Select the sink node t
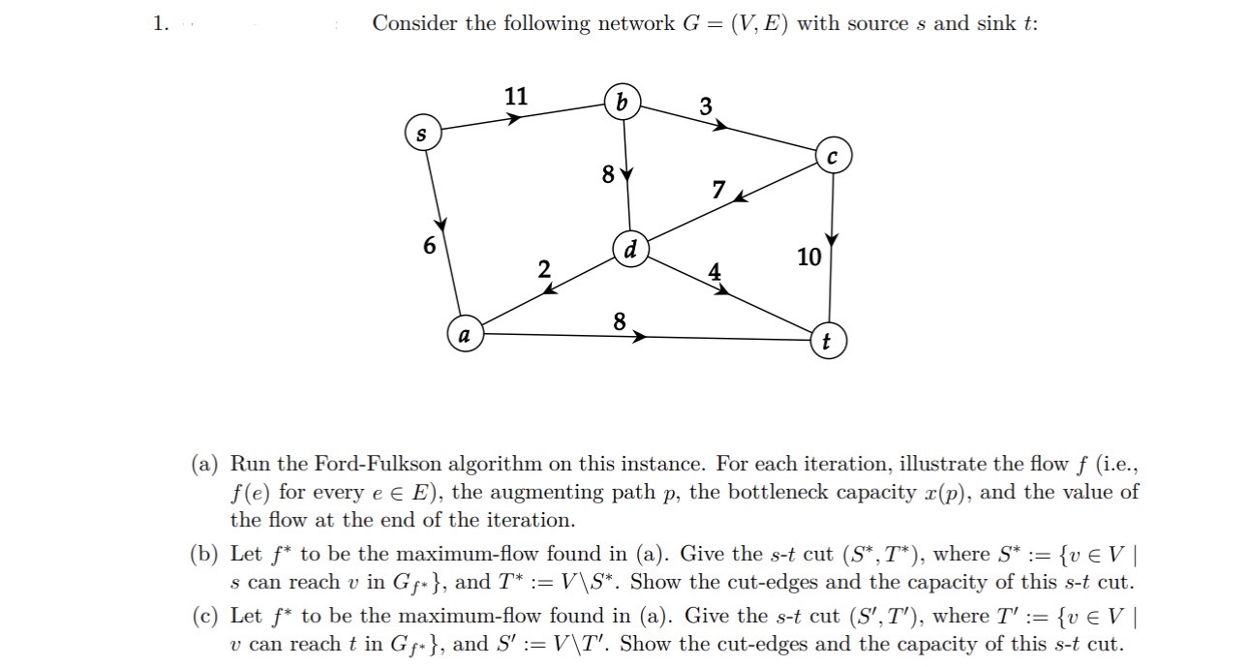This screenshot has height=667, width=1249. pyautogui.click(x=826, y=342)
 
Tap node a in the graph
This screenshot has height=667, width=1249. pyautogui.click(x=465, y=336)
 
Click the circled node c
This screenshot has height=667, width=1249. pyautogui.click(x=833, y=157)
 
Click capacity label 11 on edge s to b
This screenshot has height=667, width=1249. pyautogui.click(x=516, y=96)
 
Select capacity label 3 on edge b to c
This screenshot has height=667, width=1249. pyautogui.click(x=706, y=106)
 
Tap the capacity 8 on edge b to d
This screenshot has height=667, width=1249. pyautogui.click(x=607, y=175)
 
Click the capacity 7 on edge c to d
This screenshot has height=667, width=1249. pyautogui.click(x=717, y=190)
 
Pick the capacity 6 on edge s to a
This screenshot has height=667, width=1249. pyautogui.click(x=429, y=246)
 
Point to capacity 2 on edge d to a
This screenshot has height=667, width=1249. pyautogui.click(x=544, y=270)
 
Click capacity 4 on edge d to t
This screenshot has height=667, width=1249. pyautogui.click(x=715, y=272)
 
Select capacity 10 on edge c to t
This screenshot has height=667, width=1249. pyautogui.click(x=808, y=258)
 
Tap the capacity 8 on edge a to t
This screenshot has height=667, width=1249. pyautogui.click(x=620, y=320)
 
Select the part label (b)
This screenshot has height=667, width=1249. pyautogui.click(x=205, y=555)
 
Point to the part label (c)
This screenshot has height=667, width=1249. pyautogui.click(x=205, y=617)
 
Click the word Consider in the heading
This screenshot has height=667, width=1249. pyautogui.click(x=414, y=23)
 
